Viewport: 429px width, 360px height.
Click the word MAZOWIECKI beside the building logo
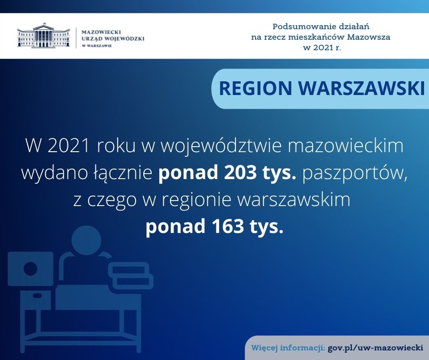point(101,32)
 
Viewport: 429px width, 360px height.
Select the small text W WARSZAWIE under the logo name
point(97,46)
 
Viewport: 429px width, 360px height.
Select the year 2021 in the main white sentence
point(68,146)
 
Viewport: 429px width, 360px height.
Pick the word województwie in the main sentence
point(221,146)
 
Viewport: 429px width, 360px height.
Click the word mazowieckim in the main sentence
point(345,146)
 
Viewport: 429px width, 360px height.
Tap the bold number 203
point(240,173)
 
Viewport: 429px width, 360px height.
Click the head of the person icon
point(86,240)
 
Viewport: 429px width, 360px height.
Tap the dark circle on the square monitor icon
point(31,269)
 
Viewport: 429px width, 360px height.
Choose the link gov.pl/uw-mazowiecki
point(375,348)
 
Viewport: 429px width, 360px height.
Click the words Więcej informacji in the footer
point(288,348)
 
